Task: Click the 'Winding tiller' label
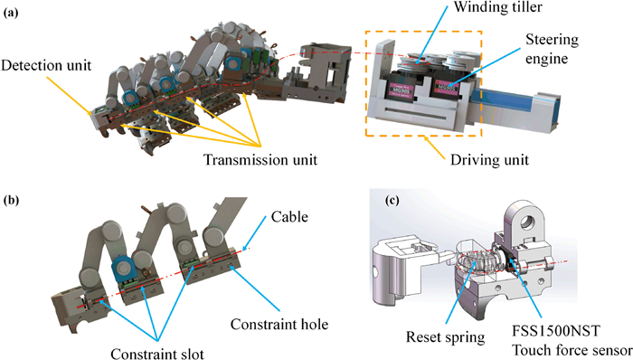coord(497,7)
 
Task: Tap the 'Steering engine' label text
coord(552,49)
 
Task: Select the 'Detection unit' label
coord(46,65)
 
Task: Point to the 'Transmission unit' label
coord(260,160)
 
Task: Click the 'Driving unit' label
coord(489,160)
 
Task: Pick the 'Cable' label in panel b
coord(289,217)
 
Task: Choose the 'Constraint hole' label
coord(279,324)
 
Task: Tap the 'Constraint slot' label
coord(157,354)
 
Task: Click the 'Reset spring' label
coord(445,337)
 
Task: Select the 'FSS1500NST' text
coord(556,331)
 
